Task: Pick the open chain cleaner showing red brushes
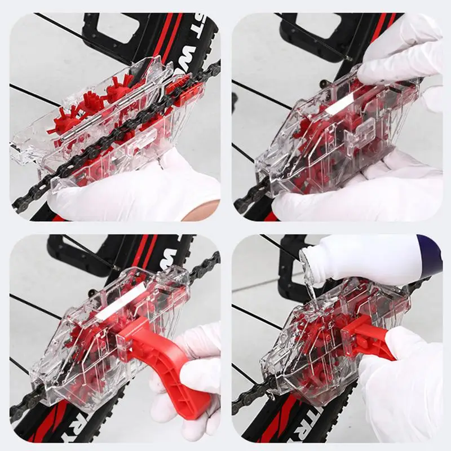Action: tap(107, 130)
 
